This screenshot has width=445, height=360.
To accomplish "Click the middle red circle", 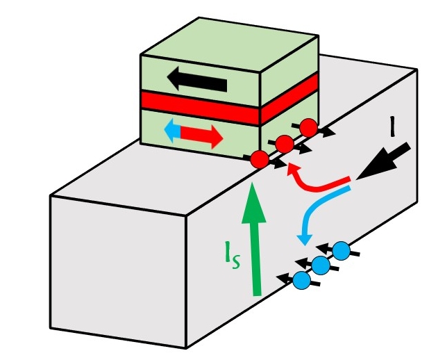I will (283, 145).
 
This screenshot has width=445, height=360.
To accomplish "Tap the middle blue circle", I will (320, 265).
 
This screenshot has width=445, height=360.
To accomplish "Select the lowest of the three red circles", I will (259, 160).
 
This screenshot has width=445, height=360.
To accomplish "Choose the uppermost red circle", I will (309, 128).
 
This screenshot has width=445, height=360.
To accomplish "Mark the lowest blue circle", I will (301, 279).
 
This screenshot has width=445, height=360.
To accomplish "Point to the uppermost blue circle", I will (341, 250).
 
